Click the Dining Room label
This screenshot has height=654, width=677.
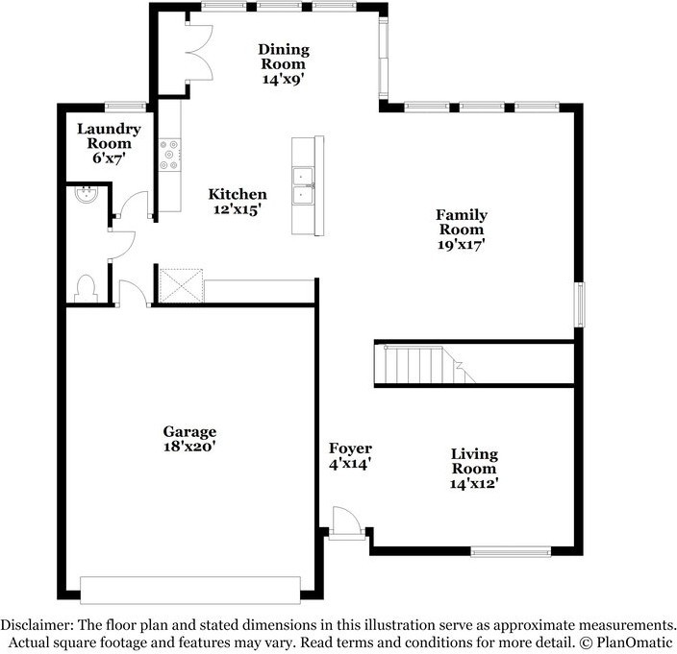pyautogui.click(x=283, y=56)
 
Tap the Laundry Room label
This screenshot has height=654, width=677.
pyautogui.click(x=109, y=135)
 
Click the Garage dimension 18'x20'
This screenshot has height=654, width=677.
pyautogui.click(x=188, y=447)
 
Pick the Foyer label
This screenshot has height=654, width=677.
pyautogui.click(x=350, y=448)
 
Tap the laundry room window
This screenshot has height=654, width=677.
pyautogui.click(x=124, y=106)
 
